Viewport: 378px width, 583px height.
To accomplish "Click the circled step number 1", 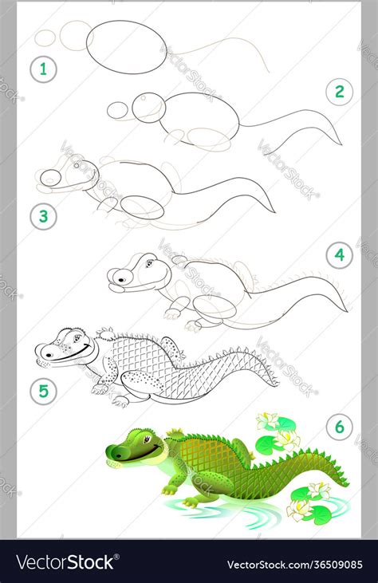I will pos(44,69).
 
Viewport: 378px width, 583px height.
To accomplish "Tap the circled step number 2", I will pos(339,92).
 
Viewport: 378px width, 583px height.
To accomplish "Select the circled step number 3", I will pos(44,215).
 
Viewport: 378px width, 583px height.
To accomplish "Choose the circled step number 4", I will pos(339,255).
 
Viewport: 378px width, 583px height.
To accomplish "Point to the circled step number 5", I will pos(44,391).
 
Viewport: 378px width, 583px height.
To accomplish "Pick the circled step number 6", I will pos(339,427).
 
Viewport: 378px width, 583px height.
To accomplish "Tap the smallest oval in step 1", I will pos(47,37).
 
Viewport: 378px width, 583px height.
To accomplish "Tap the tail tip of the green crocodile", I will pos(348,486).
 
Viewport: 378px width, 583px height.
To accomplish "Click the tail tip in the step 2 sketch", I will pos(340,143).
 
